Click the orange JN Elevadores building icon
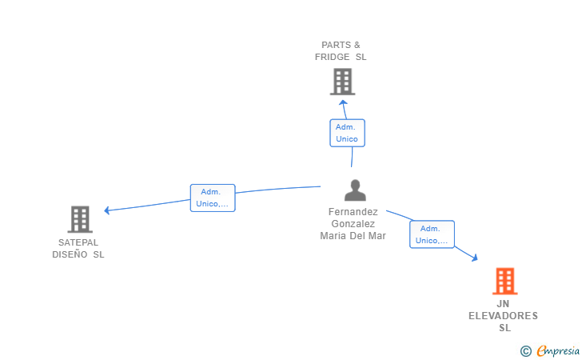[504, 282]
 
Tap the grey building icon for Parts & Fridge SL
[342, 82]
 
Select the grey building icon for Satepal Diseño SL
[80, 219]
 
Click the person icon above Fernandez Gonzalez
[355, 190]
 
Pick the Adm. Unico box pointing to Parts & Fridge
[348, 133]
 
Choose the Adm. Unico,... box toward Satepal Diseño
[213, 198]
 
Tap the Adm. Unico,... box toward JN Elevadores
[432, 234]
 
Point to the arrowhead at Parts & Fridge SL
[343, 102]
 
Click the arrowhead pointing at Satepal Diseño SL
[106, 210]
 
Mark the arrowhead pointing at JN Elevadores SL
[475, 258]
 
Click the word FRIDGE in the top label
[333, 57]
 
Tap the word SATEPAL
[78, 242]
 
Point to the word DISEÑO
[70, 254]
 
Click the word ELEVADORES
[503, 316]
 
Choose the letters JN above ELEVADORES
[503, 304]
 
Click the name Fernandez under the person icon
[353, 212]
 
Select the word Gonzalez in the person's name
[353, 224]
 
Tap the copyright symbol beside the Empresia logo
[526, 351]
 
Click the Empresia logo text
[558, 351]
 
